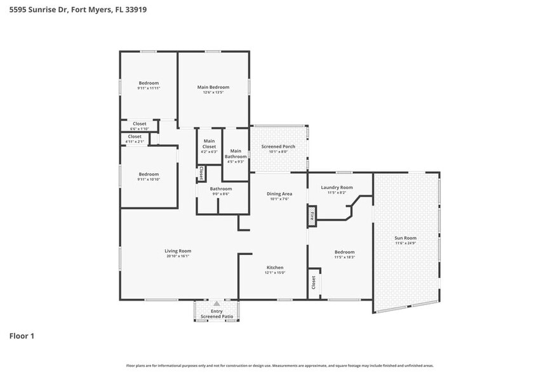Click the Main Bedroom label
point(213,87)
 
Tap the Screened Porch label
point(278,147)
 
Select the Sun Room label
point(404,238)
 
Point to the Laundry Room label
point(337,187)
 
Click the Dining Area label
point(279,193)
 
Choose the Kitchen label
point(275,268)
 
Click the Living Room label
point(178,251)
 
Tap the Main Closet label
point(209,143)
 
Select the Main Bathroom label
point(235,154)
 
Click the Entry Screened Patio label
point(217,313)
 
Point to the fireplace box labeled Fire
point(312,216)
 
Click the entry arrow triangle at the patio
point(217,304)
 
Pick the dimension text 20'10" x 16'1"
point(178,256)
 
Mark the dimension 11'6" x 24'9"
point(404,243)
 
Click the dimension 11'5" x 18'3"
point(344,257)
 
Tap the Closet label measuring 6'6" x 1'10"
point(139,124)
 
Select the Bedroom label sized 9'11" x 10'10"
point(149,174)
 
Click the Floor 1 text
point(21,336)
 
